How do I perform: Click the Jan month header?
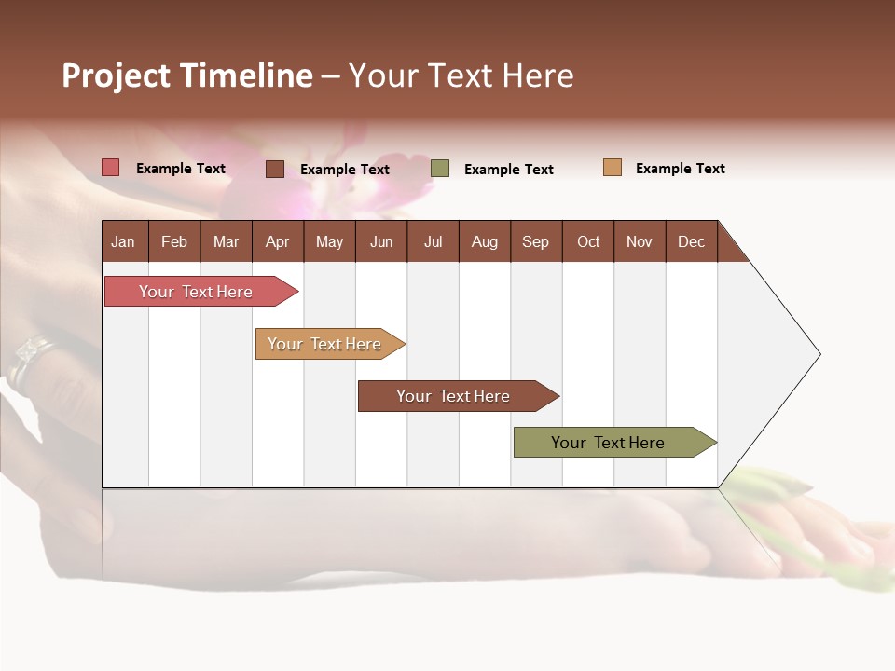point(124,241)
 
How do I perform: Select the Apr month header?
point(278,241)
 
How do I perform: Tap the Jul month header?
point(433,241)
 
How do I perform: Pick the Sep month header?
point(536,241)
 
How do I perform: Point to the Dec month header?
point(691,241)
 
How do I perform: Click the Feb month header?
point(174,241)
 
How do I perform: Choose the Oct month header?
point(588,241)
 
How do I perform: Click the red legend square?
point(111,168)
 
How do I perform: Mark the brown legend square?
point(275,169)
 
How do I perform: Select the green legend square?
point(440,169)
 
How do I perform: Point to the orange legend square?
point(613,168)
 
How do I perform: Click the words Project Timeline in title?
point(187,75)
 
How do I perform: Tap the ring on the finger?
point(28,359)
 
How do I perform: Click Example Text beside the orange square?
point(680,169)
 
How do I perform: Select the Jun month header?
point(381,241)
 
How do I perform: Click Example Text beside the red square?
point(181,169)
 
